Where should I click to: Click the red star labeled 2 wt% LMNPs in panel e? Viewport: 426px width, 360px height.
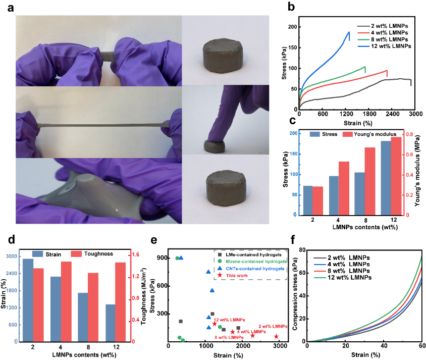[276, 336]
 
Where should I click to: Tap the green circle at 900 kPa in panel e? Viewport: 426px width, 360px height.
[177, 258]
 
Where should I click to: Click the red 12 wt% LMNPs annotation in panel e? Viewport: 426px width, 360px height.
[230, 320]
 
